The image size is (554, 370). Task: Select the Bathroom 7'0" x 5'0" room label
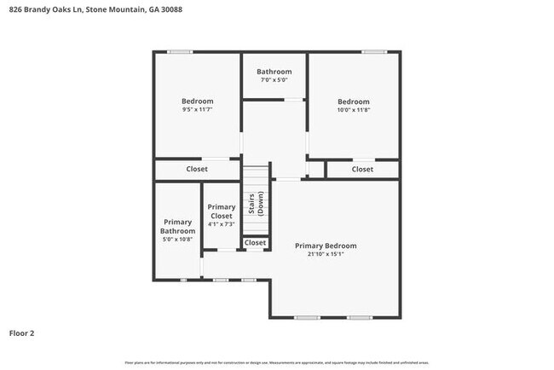(x=274, y=75)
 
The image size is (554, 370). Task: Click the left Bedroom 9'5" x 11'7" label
(x=197, y=105)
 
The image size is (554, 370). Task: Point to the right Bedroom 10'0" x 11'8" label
(x=353, y=105)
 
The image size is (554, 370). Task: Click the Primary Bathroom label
(x=178, y=230)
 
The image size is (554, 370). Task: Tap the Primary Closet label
(x=222, y=215)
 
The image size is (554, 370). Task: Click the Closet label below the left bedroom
(x=197, y=169)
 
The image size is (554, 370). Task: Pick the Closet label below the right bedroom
(x=362, y=169)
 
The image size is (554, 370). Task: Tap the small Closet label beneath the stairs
(x=255, y=243)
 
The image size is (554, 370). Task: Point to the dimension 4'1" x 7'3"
(x=222, y=224)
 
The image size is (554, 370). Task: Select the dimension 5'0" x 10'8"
(x=178, y=240)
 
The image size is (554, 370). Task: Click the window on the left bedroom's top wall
(x=179, y=52)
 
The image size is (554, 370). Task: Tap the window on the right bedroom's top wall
(x=373, y=52)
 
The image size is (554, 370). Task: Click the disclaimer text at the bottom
(x=277, y=362)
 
